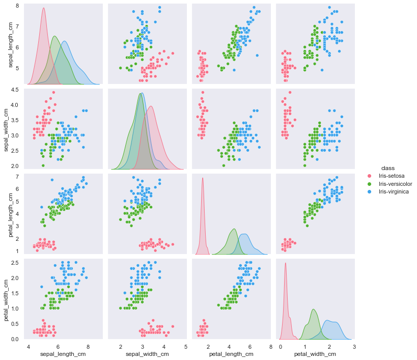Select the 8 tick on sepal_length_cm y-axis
click(x=17, y=6)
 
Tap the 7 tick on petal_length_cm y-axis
click(x=17, y=177)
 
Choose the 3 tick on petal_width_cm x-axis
click(x=353, y=346)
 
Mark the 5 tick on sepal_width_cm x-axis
click(x=185, y=346)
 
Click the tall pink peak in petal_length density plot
click(x=203, y=178)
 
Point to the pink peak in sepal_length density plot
click(x=43, y=9)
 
